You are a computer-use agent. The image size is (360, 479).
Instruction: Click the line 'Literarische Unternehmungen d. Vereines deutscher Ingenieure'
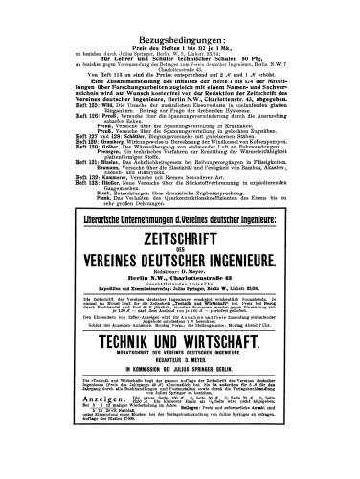pos(179,204)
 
